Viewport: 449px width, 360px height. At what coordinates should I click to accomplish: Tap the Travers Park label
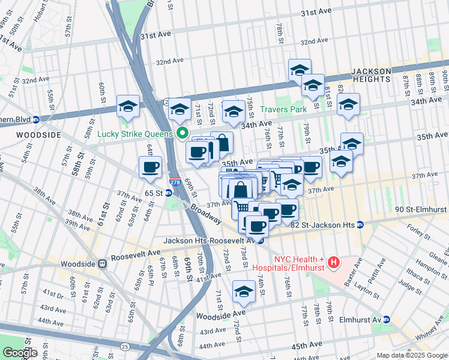click(283, 109)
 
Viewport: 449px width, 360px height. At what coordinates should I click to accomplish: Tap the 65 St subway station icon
click(169, 193)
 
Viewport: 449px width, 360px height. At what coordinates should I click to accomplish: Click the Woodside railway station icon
click(102, 263)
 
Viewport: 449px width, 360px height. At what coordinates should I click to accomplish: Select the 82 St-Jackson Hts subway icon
click(360, 225)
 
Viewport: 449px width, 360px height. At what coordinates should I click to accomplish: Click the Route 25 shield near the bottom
click(124, 346)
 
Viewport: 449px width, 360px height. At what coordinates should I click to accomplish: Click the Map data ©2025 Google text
click(412, 355)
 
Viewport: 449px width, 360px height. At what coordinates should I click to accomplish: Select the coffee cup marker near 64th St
click(150, 167)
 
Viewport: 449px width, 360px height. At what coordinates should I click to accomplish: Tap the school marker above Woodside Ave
click(244, 292)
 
